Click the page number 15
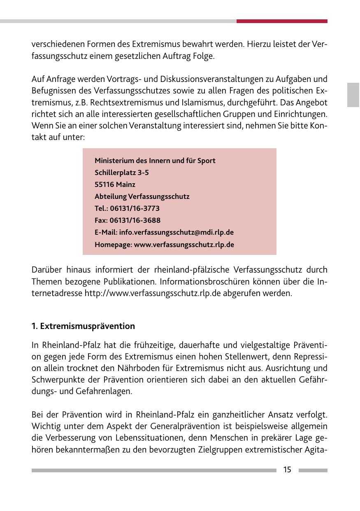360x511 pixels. coord(287,470)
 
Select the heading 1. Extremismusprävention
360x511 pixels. coord(83,326)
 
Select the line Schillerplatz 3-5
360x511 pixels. coord(122,173)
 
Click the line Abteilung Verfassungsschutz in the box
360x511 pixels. coord(142,196)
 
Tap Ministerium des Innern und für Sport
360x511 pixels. coord(155,161)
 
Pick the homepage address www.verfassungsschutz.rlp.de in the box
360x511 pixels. coord(184,245)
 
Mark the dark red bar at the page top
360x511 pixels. coord(282,21)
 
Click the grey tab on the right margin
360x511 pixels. coord(353,95)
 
